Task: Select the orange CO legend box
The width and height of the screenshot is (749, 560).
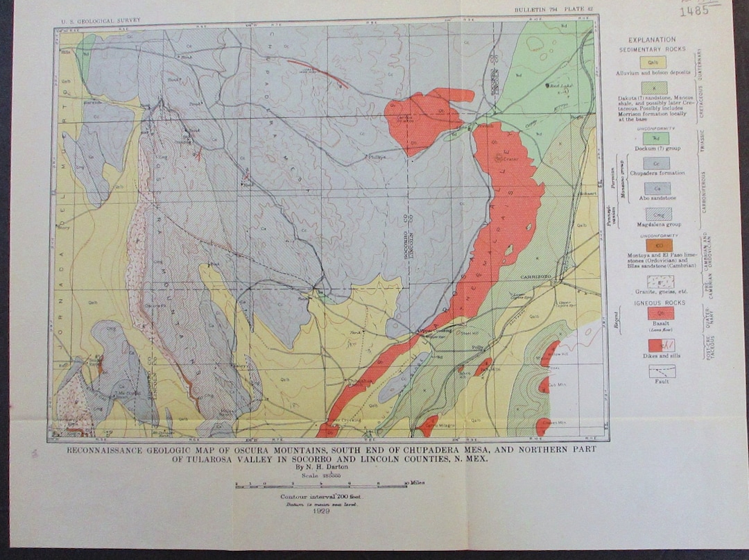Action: pos(659,244)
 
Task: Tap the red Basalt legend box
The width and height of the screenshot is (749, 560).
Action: pos(660,314)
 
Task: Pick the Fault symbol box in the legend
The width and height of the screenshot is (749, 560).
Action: pos(662,371)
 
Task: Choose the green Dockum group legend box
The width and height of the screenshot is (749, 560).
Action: pos(655,138)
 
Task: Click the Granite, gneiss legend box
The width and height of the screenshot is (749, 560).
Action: pos(660,282)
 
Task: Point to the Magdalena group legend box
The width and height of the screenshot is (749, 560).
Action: pos(657,214)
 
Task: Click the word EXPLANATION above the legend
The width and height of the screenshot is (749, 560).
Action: pos(652,40)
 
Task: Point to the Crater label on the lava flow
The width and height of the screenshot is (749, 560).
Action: pos(511,159)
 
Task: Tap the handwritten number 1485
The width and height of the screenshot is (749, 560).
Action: pos(694,10)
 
